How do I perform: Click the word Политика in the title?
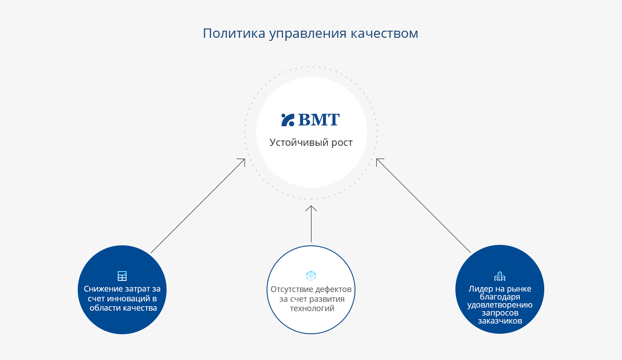234,33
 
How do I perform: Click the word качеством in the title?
384,33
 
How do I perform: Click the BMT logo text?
319,120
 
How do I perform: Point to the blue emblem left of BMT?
288,120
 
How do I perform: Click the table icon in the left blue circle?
122,276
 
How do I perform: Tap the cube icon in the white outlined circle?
311,276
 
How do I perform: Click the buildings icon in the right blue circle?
500,276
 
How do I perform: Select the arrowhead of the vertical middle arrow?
311,208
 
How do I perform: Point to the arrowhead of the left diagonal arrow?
242,162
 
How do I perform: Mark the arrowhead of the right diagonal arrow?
379,162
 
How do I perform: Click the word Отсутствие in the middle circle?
291,289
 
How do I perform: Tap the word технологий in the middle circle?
312,308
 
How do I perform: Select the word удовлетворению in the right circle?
500,305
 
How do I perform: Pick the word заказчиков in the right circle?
500,321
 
